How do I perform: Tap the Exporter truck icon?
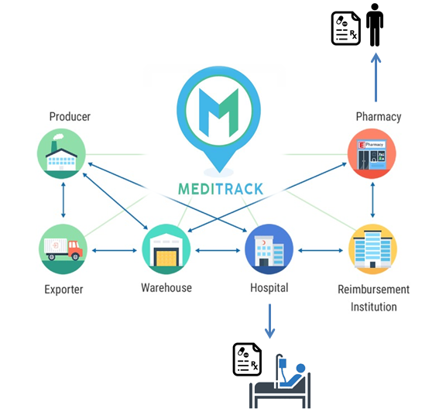pos(63,249)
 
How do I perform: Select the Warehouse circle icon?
pos(166,249)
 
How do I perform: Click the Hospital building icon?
pos(269,249)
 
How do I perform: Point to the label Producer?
pos(70,117)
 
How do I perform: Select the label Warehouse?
pos(166,287)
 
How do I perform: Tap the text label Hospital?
pos(269,287)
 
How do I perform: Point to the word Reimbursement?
pos(374,290)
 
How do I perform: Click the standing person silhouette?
pos(375,25)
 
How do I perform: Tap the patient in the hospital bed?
pos(286,376)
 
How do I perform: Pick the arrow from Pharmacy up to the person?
pos(375,77)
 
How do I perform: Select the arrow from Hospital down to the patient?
pos(269,319)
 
